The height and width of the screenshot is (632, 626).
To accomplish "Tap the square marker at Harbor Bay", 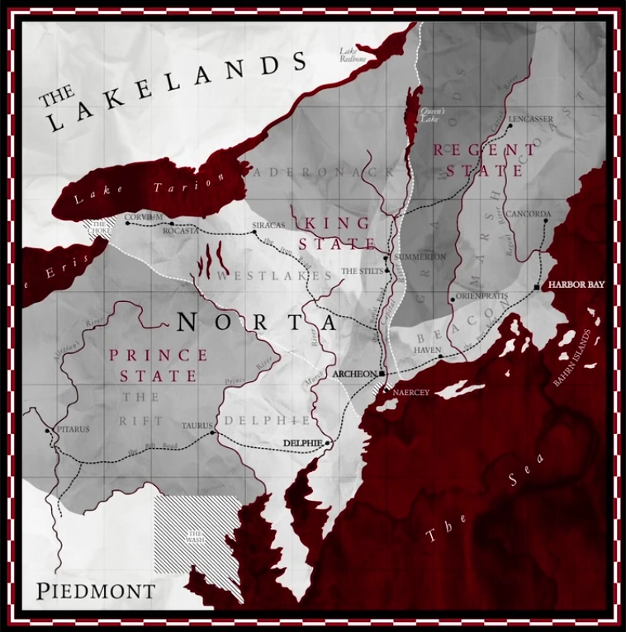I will click(538, 286).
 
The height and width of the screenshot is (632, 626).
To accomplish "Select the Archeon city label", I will click(353, 374).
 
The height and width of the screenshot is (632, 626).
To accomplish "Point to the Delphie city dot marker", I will click(328, 443).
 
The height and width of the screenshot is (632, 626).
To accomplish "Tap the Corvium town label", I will click(140, 217).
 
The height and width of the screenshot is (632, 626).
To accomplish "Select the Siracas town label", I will click(268, 225).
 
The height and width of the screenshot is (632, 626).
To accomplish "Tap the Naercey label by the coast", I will click(411, 392).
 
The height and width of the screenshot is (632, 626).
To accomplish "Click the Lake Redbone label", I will click(353, 55).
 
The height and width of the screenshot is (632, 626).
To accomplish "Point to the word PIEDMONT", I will click(96, 591).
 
